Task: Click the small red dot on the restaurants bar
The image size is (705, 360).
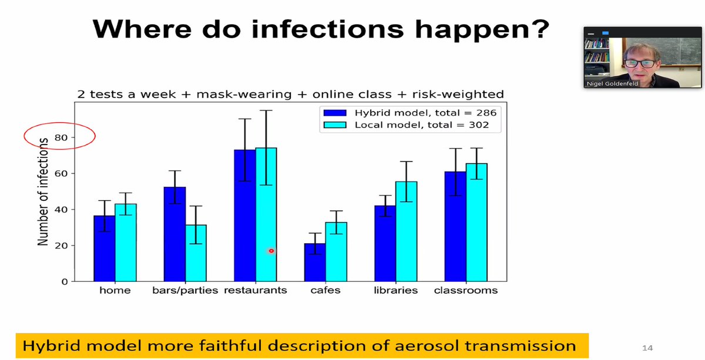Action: (271, 251)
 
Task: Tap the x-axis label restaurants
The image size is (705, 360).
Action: (255, 290)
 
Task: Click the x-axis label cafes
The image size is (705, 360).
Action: (325, 290)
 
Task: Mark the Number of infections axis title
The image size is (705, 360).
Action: (43, 192)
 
